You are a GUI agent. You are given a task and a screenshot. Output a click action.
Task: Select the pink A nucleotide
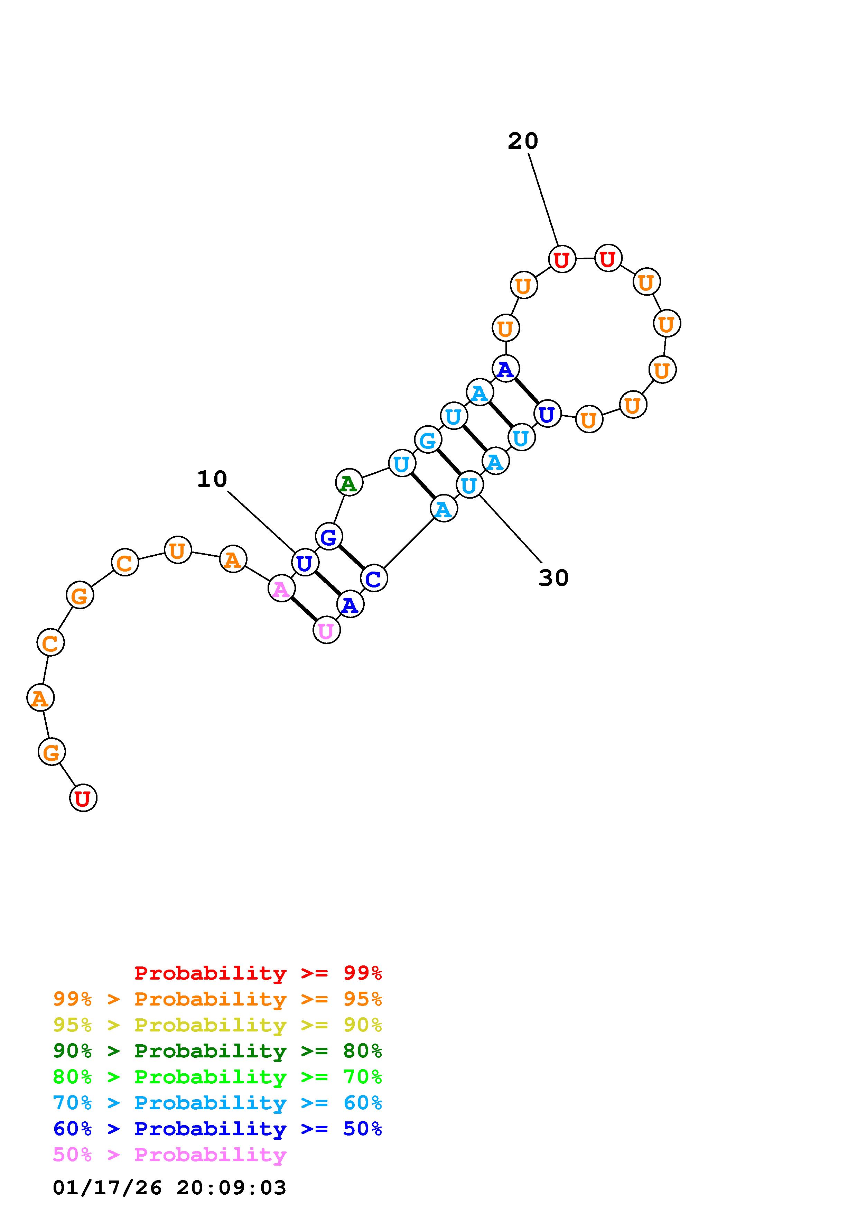281,588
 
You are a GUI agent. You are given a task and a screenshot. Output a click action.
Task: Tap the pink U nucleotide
326,630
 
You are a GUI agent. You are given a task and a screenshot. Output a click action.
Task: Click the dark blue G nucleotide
328,537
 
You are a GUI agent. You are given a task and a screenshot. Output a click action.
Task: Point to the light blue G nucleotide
428,439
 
